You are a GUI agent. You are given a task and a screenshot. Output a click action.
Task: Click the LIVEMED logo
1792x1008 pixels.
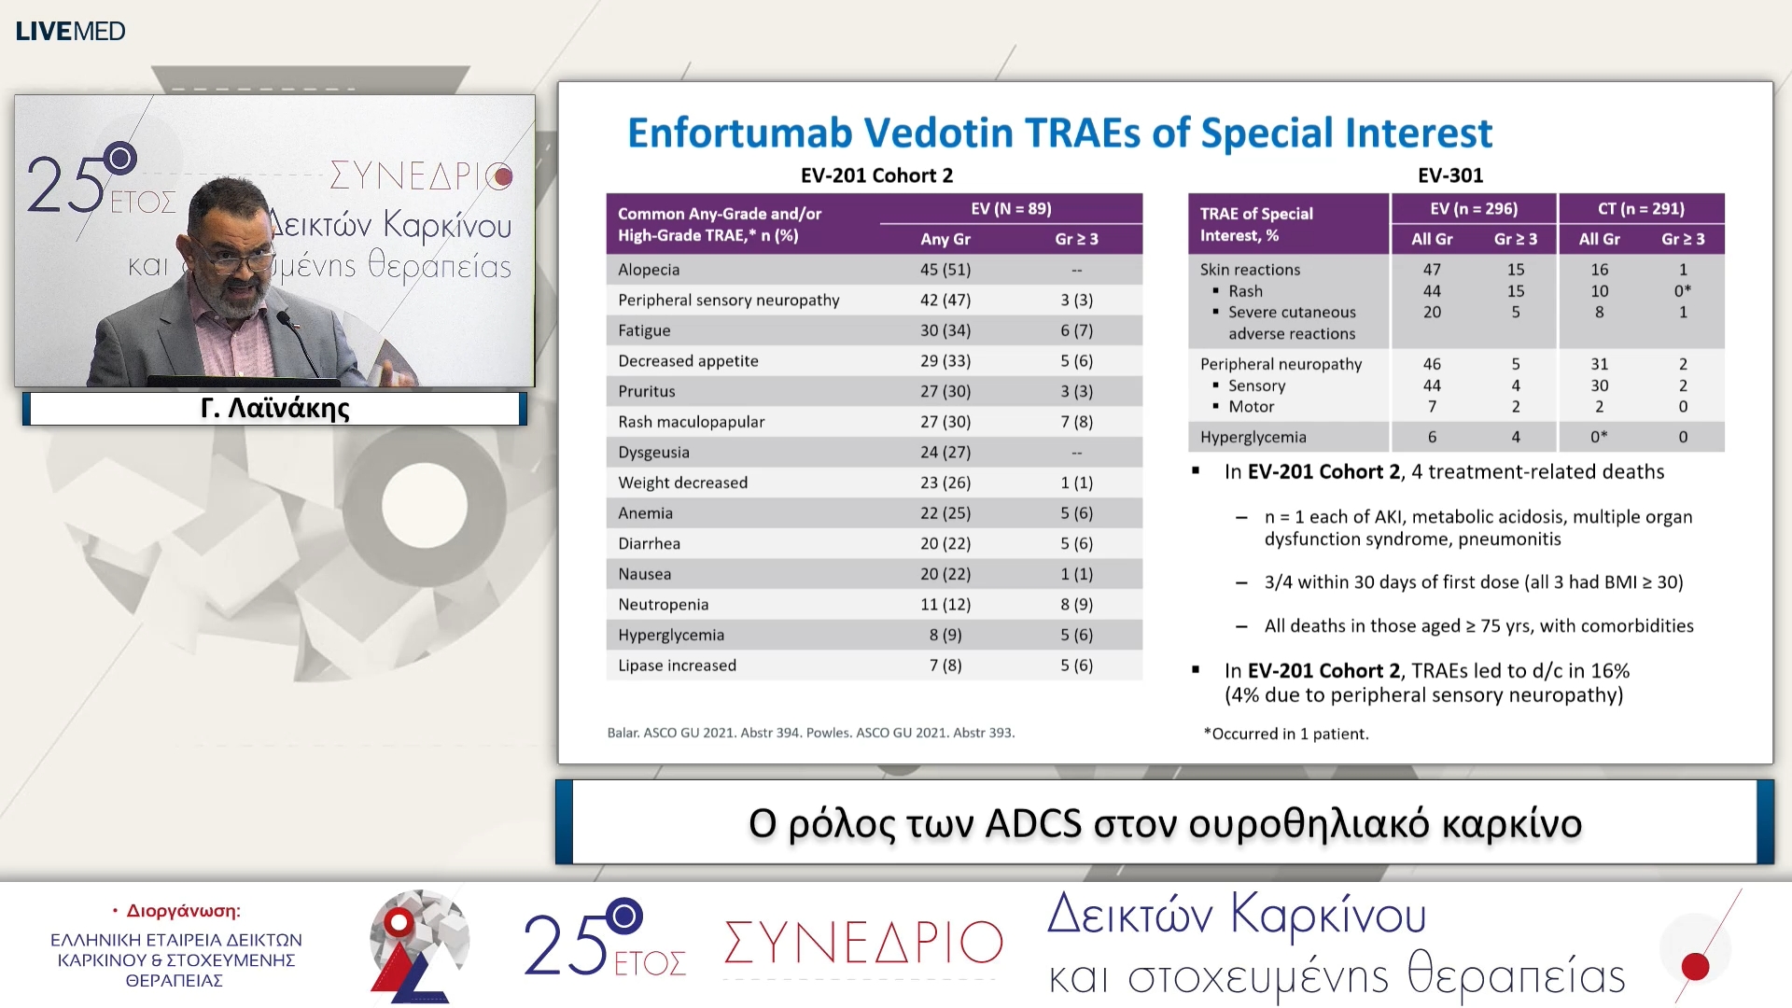click(70, 31)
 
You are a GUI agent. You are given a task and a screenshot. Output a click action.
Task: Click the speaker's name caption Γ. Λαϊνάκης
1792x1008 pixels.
click(274, 409)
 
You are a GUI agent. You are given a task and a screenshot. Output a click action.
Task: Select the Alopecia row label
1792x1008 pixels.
click(649, 270)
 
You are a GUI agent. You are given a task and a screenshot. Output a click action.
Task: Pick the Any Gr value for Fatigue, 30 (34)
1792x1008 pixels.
click(945, 330)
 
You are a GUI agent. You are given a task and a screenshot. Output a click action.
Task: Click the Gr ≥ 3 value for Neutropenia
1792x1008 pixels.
click(1076, 605)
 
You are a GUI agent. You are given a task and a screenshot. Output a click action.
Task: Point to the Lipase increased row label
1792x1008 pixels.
click(677, 665)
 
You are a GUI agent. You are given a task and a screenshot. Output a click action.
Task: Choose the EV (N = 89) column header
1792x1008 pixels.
click(1010, 209)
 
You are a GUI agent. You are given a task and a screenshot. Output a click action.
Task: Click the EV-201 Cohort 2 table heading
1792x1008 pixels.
click(876, 175)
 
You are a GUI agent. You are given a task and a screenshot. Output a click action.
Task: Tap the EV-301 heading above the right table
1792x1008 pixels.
click(1449, 175)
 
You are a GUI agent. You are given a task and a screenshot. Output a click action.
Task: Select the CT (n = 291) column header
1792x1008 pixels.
click(1640, 209)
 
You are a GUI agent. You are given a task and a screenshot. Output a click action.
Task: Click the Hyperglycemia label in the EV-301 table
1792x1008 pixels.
click(1253, 437)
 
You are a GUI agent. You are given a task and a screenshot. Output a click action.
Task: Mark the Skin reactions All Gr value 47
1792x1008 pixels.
click(1431, 270)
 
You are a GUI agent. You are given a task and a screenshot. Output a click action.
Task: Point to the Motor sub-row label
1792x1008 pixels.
click(1251, 407)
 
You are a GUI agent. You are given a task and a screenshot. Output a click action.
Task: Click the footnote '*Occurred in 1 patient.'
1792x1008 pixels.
click(1286, 734)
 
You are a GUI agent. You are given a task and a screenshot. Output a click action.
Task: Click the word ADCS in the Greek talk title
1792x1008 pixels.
click(1033, 824)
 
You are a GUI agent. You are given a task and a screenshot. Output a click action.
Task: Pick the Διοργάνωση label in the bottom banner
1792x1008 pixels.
click(183, 911)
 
